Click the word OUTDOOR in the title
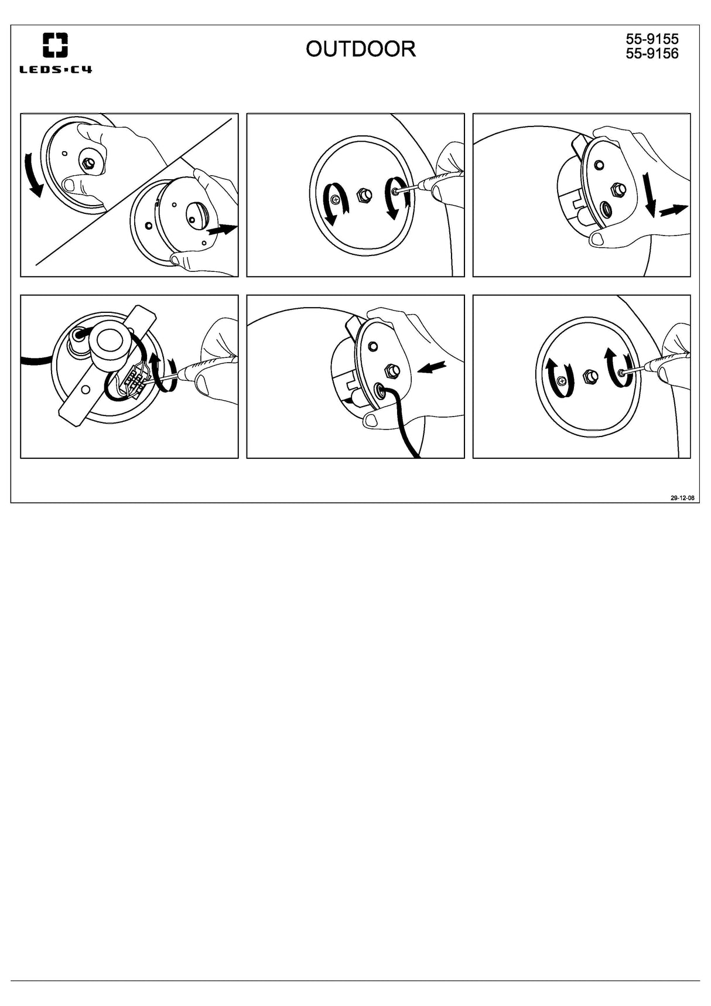(360, 49)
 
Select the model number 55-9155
(652, 39)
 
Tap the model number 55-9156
(652, 53)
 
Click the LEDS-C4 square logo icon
(55, 45)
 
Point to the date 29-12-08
(682, 498)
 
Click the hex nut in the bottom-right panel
(591, 376)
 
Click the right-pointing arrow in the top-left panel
(223, 230)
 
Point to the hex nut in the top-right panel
(618, 189)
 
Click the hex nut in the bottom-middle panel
(392, 370)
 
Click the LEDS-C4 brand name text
(56, 70)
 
